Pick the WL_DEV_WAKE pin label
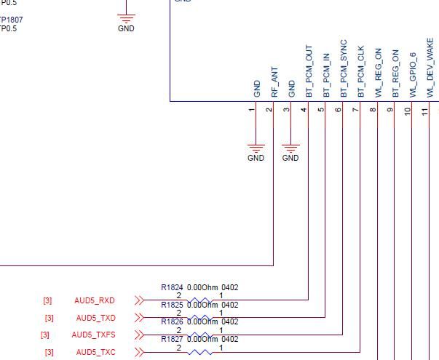click(x=431, y=73)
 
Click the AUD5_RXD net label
click(x=95, y=300)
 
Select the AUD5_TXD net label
click(x=95, y=318)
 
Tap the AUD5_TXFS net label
click(x=93, y=335)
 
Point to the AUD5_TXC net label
click(x=95, y=353)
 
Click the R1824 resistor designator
click(x=172, y=287)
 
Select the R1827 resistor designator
click(x=172, y=340)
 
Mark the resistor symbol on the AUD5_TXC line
click(x=200, y=353)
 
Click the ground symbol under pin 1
click(x=256, y=148)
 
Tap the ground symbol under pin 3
click(x=290, y=148)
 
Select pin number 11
click(x=425, y=111)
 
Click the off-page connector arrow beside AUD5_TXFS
click(x=139, y=335)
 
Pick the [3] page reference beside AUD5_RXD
click(x=47, y=300)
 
